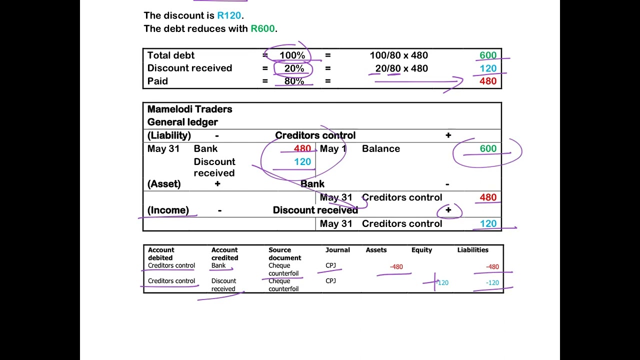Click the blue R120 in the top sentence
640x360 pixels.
[x=229, y=15]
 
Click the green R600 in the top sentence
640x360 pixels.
[x=262, y=28]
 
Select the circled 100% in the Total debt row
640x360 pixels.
[x=292, y=55]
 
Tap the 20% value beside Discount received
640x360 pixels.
[x=294, y=68]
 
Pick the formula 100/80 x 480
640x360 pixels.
[x=399, y=55]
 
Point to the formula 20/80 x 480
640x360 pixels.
[x=401, y=68]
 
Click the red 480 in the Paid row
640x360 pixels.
[x=488, y=81]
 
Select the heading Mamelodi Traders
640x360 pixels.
[x=189, y=109]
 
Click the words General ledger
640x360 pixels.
[x=182, y=122]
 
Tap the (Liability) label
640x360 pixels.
[x=169, y=135]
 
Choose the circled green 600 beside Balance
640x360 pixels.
[x=488, y=148]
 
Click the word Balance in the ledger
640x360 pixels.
[x=381, y=149]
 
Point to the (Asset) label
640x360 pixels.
[x=164, y=184]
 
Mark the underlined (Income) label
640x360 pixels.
[x=168, y=210]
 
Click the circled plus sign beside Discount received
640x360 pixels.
[x=448, y=210]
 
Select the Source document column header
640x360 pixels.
[x=284, y=253]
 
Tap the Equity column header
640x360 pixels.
[x=421, y=250]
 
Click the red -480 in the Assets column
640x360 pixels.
[x=396, y=267]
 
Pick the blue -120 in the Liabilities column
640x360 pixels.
[x=492, y=283]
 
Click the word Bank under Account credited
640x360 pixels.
[x=218, y=265]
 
